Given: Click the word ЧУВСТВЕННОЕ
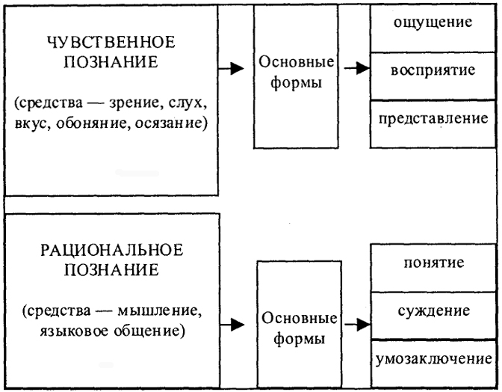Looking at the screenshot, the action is pos(111,42).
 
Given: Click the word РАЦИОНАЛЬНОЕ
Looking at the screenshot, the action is pos(112,250).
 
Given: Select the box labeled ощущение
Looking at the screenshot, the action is pos(433,28).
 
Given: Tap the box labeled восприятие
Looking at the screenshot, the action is pos(433,76).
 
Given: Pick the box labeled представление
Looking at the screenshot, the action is pos(433,124).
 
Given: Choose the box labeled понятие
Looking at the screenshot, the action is pos(433,268).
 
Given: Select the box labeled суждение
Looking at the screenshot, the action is pos(433,316).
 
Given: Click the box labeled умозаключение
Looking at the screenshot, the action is pos(433,364).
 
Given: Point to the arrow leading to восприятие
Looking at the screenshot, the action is pos(357,68).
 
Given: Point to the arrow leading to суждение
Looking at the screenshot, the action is pos(358,325).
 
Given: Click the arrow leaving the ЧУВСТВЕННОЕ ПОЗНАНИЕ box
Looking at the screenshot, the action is pos(231,68).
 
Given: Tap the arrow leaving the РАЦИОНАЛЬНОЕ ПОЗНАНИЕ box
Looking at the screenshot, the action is pos(232,325).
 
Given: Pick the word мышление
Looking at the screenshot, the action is pos(159,311).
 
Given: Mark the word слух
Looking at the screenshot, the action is pos(187,103).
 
